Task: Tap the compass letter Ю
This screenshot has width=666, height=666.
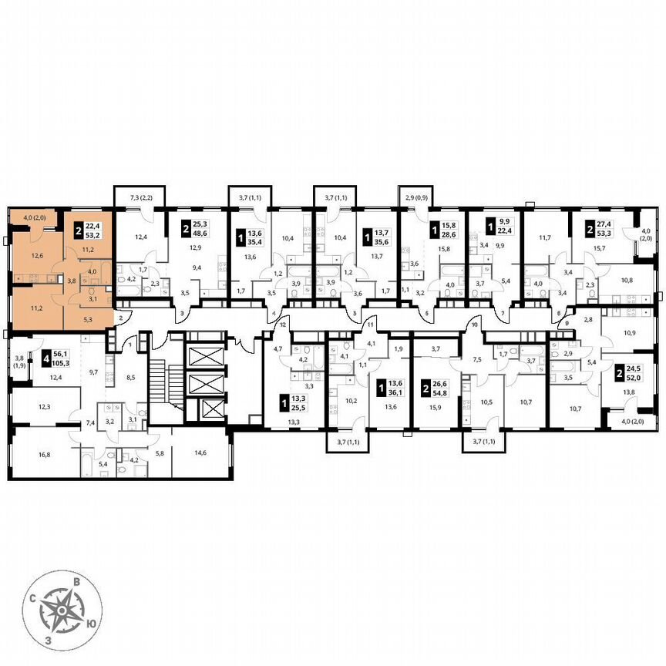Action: click(x=92, y=624)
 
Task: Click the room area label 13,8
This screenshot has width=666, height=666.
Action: click(x=630, y=393)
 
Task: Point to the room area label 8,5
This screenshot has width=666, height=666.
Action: click(x=131, y=378)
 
